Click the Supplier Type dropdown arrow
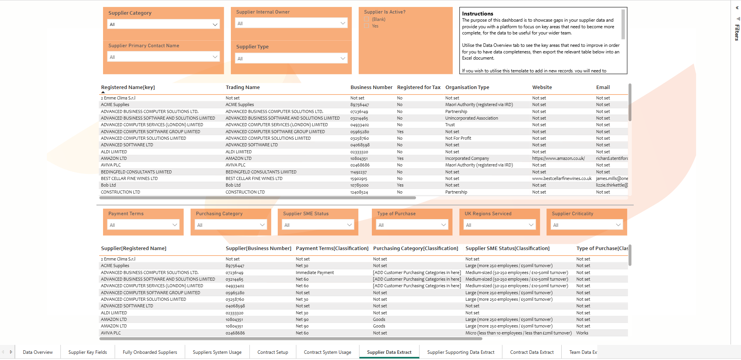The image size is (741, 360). (342, 58)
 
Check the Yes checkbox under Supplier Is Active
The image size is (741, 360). (366, 26)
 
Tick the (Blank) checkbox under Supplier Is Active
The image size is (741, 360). (366, 19)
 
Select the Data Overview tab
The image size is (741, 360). (38, 352)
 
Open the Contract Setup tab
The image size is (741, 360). (273, 352)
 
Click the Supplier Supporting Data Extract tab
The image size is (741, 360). (461, 352)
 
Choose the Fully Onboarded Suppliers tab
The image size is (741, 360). (150, 352)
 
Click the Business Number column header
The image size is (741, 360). (371, 87)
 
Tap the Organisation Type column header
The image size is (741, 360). (467, 87)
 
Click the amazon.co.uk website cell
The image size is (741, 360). (558, 158)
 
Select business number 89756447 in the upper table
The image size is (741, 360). (359, 105)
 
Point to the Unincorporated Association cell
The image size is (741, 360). (471, 118)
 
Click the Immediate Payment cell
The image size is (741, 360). (315, 273)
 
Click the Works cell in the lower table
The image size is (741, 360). (582, 333)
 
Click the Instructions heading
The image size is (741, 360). (477, 14)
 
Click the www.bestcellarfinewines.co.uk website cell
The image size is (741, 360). (562, 178)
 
